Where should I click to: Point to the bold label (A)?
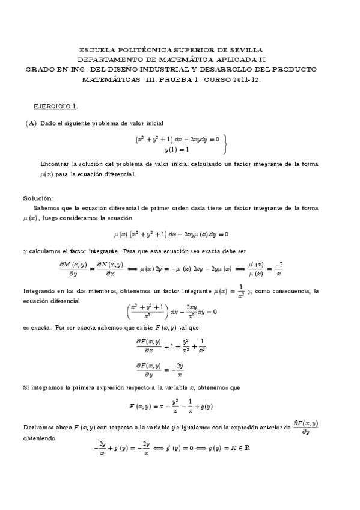[31, 123]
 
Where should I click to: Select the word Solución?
[38, 198]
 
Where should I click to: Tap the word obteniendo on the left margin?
[40, 439]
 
